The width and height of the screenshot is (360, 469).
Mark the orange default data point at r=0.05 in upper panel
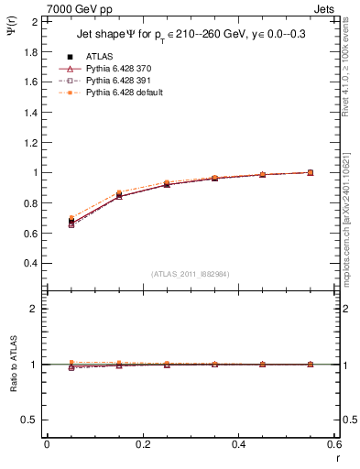coord(71,218)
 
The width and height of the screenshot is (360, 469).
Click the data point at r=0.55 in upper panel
coord(311,172)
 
